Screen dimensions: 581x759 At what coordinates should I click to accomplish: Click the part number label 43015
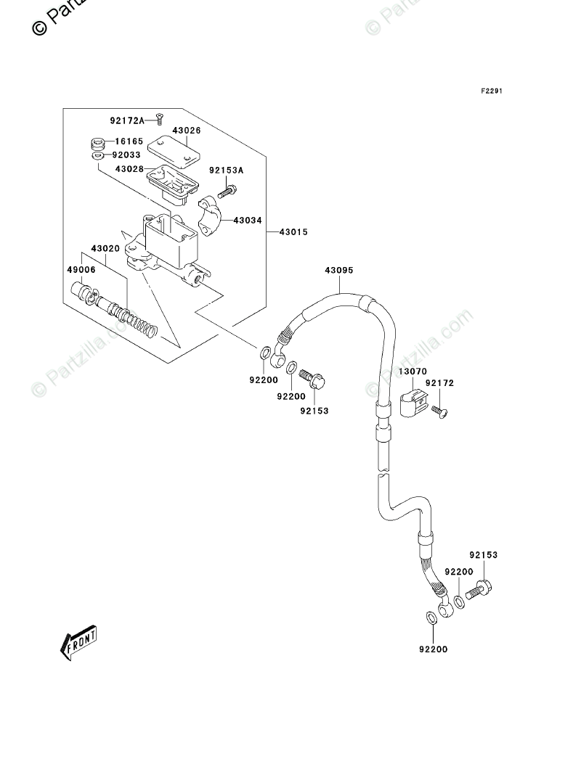coord(293,232)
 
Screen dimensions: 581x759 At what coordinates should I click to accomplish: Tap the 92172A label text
coord(127,120)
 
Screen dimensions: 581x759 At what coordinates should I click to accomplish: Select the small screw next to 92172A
coord(159,118)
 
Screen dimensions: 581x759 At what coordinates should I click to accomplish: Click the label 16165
coord(129,141)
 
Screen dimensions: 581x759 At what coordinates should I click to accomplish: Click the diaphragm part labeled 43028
coord(173,183)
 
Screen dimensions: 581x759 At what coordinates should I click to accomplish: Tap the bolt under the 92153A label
coord(227,192)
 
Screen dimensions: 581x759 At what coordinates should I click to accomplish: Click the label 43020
coord(105,249)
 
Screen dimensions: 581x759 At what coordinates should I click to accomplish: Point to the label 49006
coord(81,270)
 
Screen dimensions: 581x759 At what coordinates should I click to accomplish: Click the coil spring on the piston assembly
coord(139,323)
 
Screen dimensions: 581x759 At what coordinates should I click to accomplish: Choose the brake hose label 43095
coord(339,270)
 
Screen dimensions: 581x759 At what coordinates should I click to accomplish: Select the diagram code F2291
coord(492,91)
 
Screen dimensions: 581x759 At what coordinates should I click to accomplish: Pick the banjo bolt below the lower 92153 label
coord(479,589)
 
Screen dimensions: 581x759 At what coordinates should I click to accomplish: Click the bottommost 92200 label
coord(433,649)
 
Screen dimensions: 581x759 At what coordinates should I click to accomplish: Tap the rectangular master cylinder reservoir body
coord(171,240)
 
